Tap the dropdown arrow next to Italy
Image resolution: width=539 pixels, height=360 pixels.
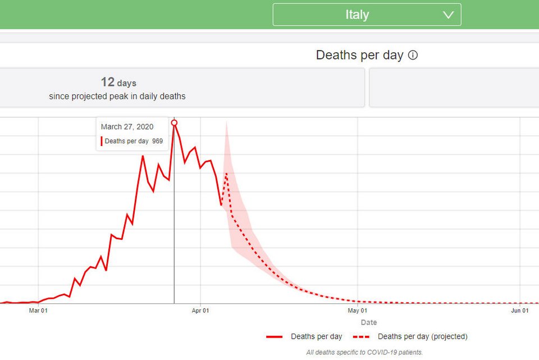coord(448,15)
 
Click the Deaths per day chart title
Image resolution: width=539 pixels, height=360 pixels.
coord(359,55)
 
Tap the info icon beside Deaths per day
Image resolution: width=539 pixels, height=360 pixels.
coord(413,55)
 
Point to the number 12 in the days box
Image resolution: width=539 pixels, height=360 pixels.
coord(107,83)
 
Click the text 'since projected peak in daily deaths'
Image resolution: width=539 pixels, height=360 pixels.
coord(117,96)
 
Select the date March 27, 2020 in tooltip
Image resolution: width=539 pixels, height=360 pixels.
coord(127,127)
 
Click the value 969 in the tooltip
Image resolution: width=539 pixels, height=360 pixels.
coord(157,141)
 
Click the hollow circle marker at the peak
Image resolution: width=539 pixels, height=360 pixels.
coord(174,122)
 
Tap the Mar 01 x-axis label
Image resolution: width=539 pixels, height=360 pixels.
coord(38,310)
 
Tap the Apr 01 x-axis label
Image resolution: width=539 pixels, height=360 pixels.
coord(200,310)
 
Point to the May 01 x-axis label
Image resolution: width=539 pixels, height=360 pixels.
coord(358,310)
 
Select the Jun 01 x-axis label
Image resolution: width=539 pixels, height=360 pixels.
coord(520,310)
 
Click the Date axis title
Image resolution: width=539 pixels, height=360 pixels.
coord(369,322)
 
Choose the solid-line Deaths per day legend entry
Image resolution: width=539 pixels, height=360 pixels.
coord(304,336)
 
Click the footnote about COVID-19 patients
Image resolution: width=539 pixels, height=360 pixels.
coord(364,352)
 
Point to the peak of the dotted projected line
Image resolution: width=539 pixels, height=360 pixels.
coord(226,173)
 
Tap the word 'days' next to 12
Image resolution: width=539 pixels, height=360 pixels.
coord(127,83)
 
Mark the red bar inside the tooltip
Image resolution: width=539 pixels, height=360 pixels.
coord(102,141)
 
